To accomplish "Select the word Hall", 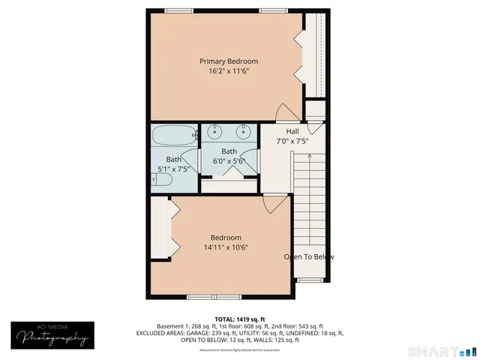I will pos(292,131).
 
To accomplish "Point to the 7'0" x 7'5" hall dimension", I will pos(292,141).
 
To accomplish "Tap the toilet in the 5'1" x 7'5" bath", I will pos(160,180).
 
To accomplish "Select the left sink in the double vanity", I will pos(215,133).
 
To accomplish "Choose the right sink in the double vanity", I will pos(244,133).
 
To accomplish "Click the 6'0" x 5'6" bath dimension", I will pos(229,160).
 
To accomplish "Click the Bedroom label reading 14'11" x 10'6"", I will pos(225,247).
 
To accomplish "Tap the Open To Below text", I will pos(308,257).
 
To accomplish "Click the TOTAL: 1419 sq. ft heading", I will pos(240,318).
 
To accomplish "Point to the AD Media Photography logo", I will pos(49,335).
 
